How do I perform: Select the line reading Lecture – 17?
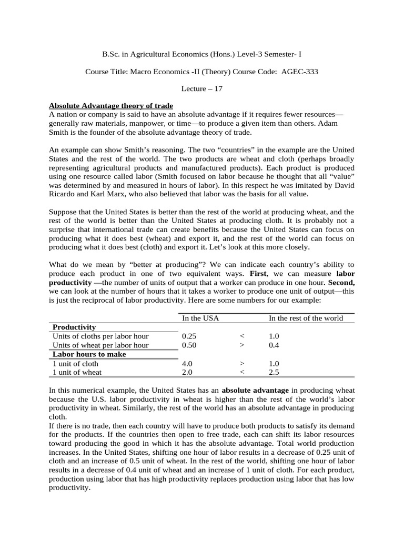coord(202,89)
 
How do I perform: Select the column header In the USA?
coord(200,318)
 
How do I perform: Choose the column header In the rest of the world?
coord(306,318)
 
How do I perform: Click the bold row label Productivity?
coord(74,327)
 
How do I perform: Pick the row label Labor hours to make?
coord(85,354)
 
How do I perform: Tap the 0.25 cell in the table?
coord(189,336)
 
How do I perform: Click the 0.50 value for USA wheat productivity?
coord(189,345)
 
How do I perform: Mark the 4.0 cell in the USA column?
coord(187,363)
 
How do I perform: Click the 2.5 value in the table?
coord(274,372)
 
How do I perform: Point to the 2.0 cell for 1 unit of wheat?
coord(187,372)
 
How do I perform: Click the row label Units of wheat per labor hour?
coord(100,345)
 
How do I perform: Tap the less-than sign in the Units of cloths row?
coord(242,336)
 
